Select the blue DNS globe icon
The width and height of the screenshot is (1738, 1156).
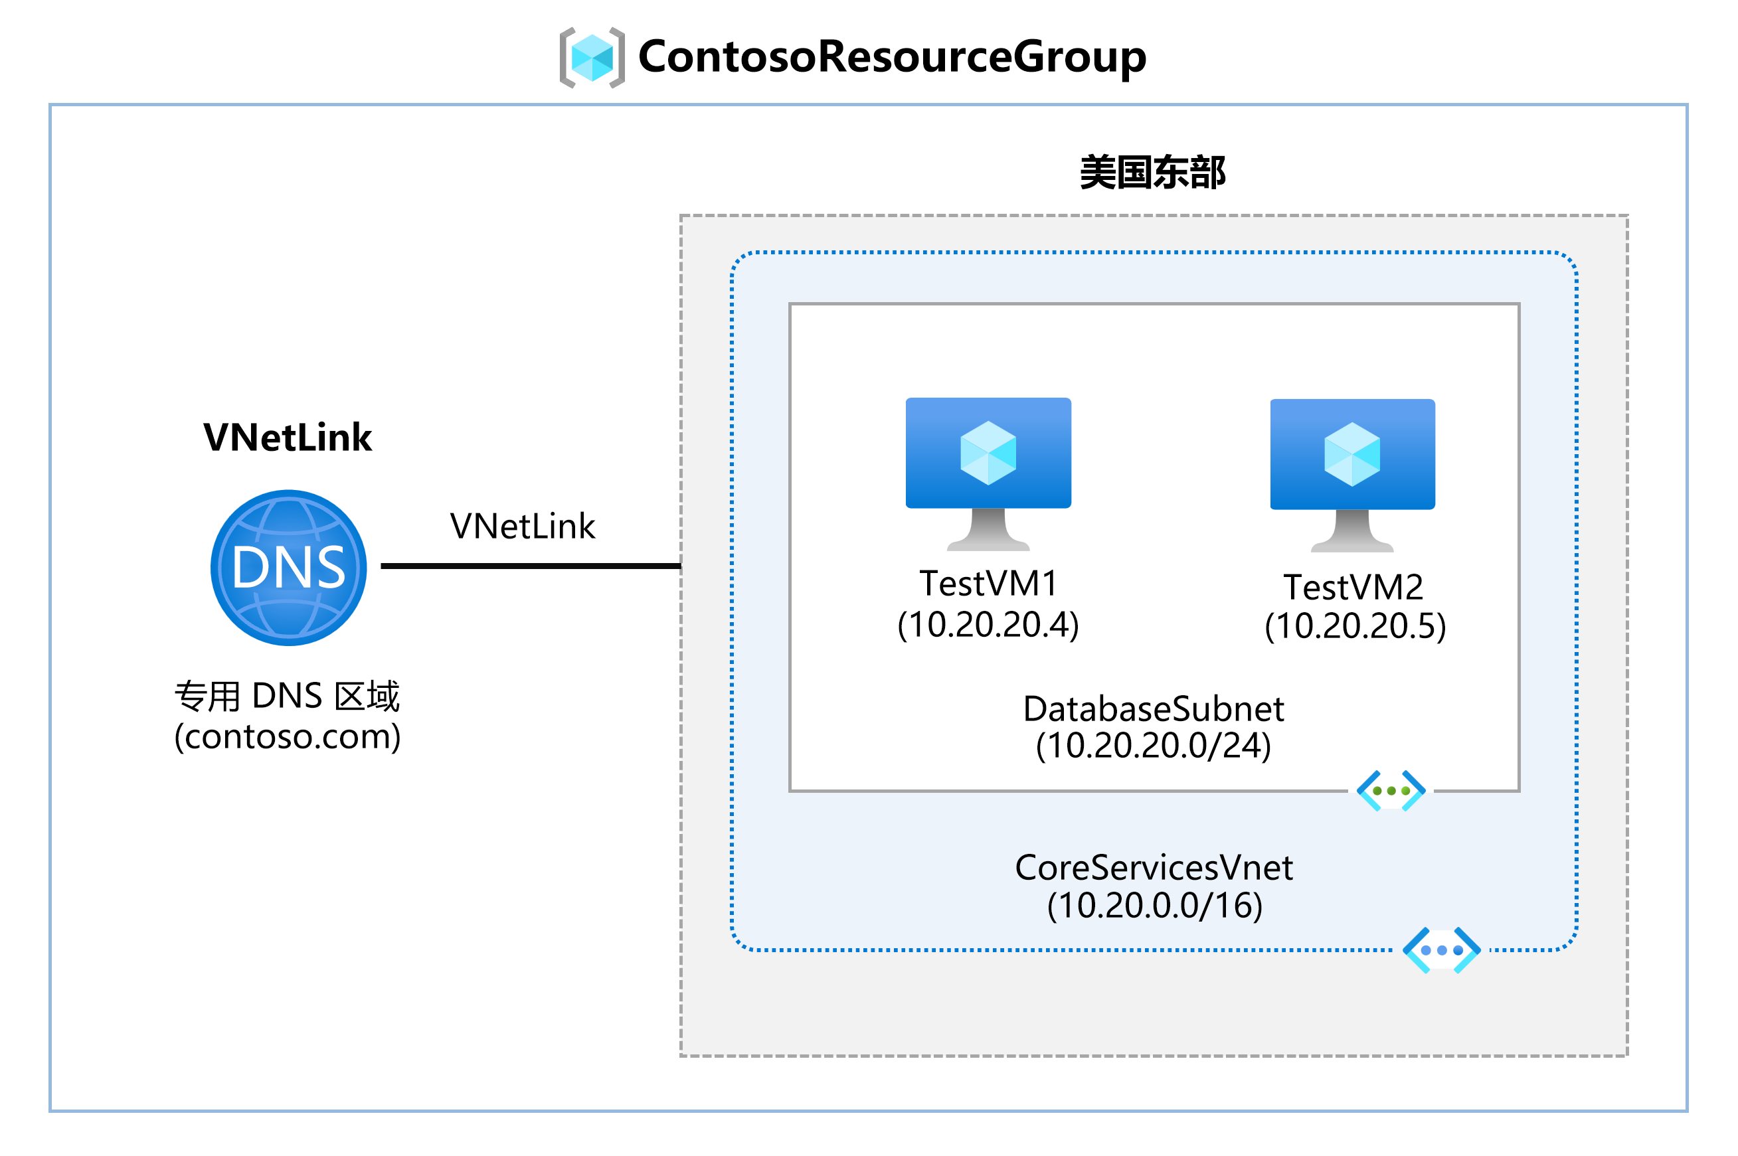point(288,568)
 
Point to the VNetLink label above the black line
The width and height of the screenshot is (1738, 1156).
point(522,527)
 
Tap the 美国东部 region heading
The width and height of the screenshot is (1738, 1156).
point(1152,173)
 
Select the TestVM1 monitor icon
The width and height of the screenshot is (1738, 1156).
point(988,472)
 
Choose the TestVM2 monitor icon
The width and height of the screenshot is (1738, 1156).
point(1351,474)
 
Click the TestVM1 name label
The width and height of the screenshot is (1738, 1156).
point(988,584)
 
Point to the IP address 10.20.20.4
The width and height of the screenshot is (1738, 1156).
point(988,624)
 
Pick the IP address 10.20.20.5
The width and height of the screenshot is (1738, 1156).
point(1355,626)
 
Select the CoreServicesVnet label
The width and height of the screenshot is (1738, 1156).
point(1154,868)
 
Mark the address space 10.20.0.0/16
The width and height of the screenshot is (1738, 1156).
point(1154,905)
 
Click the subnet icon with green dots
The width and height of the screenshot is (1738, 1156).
point(1390,790)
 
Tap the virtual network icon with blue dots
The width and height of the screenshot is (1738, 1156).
point(1441,950)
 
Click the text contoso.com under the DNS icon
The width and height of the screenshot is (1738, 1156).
point(288,736)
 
